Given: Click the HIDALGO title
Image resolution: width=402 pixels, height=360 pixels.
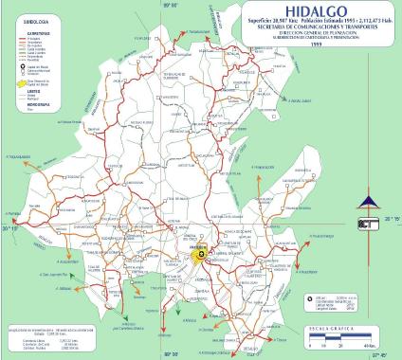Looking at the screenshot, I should coord(313,12).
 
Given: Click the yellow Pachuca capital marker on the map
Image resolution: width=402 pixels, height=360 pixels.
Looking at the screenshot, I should coord(200,254).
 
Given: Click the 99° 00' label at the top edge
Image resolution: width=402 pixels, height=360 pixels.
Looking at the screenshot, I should coord(172,5).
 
